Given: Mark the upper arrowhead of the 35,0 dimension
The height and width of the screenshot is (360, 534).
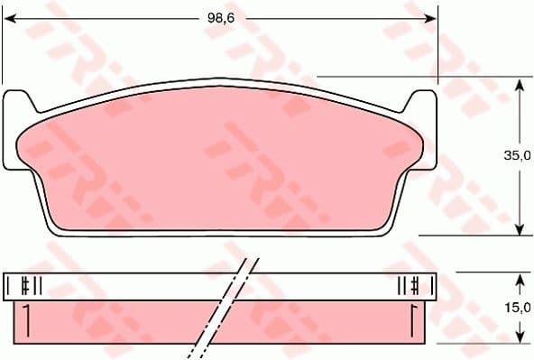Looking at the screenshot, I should (520, 83).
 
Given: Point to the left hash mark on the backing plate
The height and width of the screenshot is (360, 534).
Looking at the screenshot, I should (31, 286).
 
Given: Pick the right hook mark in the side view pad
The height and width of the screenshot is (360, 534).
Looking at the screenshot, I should (412, 318).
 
